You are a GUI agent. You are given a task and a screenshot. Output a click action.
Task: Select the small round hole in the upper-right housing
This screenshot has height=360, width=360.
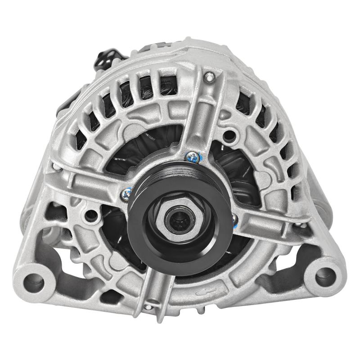click(x=232, y=134)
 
